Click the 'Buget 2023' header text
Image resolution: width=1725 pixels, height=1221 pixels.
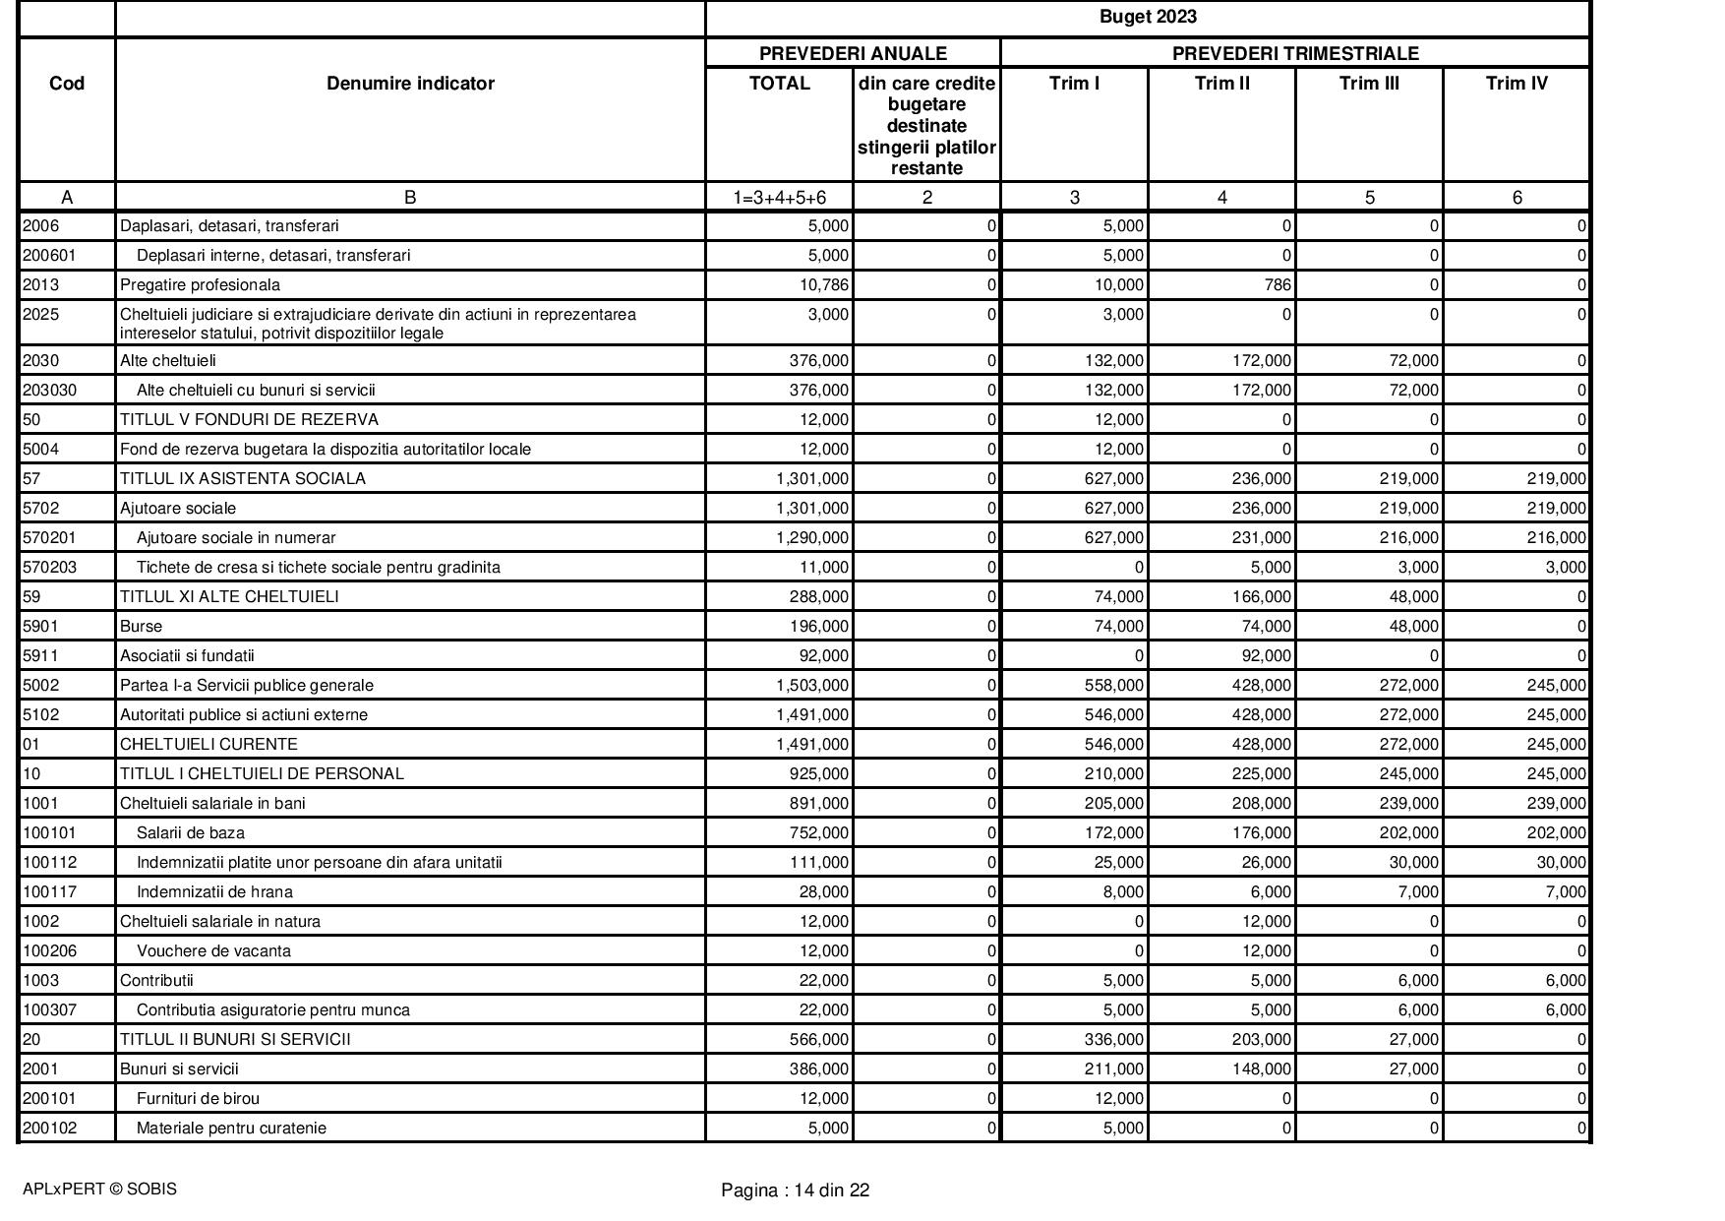click(x=1147, y=17)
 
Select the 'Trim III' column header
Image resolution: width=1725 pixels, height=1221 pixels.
click(x=1369, y=84)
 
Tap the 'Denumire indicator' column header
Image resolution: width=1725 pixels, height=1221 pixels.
click(x=410, y=84)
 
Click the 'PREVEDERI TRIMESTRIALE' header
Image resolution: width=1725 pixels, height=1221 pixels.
click(x=1294, y=53)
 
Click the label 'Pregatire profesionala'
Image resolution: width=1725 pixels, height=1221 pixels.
click(x=200, y=285)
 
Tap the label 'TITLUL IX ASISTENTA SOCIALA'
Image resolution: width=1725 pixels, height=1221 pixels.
click(x=243, y=478)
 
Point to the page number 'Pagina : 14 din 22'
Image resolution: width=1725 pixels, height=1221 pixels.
click(x=795, y=1190)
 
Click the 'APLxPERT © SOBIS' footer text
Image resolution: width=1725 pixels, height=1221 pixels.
click(x=99, y=1189)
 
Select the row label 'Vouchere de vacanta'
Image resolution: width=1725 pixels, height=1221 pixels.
click(x=213, y=950)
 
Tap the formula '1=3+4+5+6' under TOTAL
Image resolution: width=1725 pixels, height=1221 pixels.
click(x=779, y=198)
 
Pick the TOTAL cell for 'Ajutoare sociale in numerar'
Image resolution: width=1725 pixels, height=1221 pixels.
click(x=812, y=537)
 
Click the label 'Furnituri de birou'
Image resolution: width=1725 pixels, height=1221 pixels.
click(x=198, y=1098)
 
